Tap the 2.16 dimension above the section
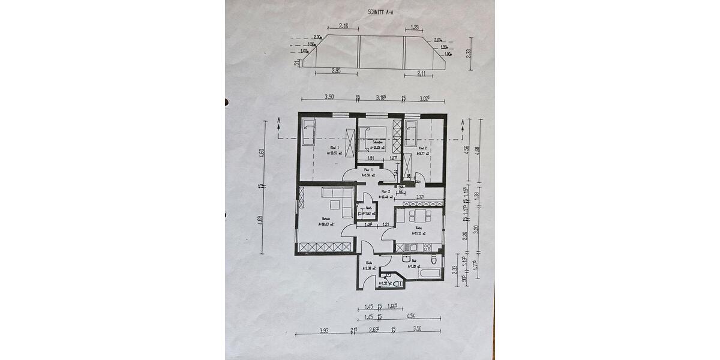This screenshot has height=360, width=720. [344, 26]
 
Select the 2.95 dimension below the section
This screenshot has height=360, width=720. [336, 71]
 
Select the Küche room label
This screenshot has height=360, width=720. [419, 229]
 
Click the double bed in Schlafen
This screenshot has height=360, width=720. [372, 139]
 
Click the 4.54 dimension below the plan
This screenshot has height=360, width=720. [412, 316]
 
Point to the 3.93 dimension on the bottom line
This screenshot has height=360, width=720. [325, 329]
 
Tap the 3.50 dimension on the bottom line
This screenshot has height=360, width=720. [418, 329]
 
